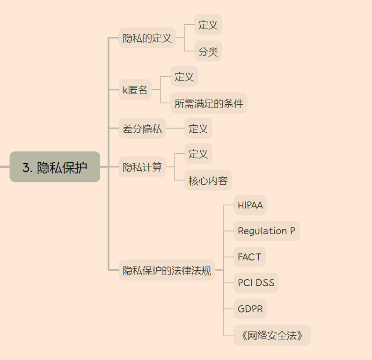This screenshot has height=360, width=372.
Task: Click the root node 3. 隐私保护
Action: coord(55,167)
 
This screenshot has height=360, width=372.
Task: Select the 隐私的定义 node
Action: coord(147,38)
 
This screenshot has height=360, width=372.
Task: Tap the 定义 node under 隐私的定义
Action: coord(208,25)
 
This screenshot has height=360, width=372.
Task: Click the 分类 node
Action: coord(208,51)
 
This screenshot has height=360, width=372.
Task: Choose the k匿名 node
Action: coord(135,90)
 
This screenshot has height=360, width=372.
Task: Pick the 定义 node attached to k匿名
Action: coord(184,77)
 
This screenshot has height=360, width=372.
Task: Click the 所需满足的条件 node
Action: coord(209,103)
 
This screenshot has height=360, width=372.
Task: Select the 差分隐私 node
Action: coord(142,129)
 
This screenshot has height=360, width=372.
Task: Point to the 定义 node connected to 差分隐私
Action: coord(198,129)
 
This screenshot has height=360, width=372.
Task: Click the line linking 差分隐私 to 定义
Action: coord(175,129)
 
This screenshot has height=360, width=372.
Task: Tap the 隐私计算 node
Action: coord(142,167)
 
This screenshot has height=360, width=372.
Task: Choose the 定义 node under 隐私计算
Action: coord(198,154)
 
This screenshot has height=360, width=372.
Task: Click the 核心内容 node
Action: coord(208,180)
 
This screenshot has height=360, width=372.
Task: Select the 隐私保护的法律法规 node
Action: coord(167,270)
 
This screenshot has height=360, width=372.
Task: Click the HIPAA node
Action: coord(250,205)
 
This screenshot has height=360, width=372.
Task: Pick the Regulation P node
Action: coord(267,231)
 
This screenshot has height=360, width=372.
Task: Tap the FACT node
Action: coord(249,257)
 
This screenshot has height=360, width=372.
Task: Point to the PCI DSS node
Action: coord(256,283)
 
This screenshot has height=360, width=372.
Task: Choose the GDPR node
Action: coord(250,309)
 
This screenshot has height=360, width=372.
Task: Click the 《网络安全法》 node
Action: coord(272,335)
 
